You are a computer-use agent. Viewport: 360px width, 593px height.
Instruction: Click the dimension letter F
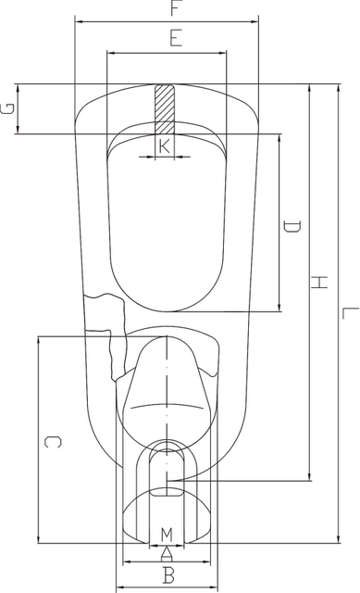[174, 8]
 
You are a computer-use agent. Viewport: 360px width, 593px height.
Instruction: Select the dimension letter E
[176, 38]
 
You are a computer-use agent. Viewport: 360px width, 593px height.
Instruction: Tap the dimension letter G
[8, 108]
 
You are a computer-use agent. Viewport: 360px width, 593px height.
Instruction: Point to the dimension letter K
[165, 146]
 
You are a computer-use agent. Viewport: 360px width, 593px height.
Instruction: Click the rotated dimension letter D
[292, 226]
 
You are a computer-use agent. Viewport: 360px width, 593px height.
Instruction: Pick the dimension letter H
[319, 282]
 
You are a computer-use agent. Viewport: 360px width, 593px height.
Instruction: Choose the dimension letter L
[350, 313]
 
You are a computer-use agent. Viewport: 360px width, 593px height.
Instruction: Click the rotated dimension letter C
[53, 442]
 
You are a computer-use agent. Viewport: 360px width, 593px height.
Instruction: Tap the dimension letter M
[167, 535]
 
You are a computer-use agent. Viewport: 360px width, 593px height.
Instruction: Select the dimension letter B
[168, 575]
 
